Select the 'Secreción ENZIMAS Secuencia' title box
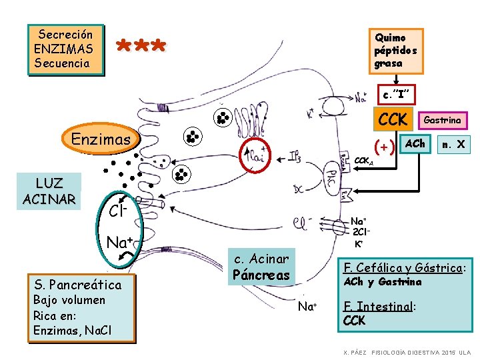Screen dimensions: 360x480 65,49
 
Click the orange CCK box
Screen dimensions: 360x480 393,120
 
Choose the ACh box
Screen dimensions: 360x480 415,143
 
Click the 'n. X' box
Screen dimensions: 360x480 453,143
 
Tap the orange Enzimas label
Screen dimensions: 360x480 101,139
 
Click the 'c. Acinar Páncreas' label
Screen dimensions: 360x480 261,267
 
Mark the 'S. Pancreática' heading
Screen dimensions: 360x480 77,285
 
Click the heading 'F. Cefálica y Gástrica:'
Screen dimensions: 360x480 403,267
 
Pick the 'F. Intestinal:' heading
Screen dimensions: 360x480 379,307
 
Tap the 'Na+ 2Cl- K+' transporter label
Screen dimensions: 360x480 361,231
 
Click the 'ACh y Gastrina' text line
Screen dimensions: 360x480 382,282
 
